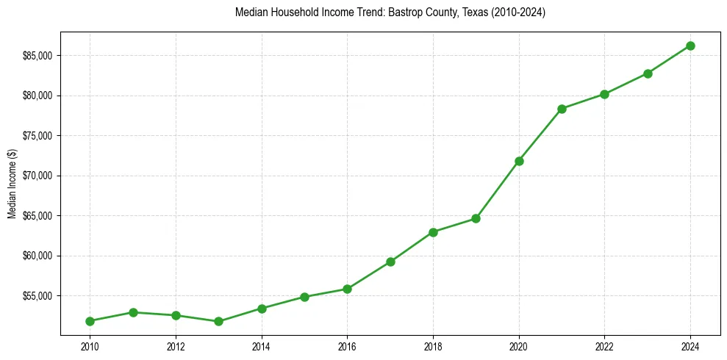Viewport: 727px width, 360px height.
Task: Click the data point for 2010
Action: pyautogui.click(x=90, y=321)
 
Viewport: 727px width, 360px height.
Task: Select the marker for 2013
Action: pyautogui.click(x=218, y=321)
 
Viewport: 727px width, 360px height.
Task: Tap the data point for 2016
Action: pyautogui.click(x=347, y=289)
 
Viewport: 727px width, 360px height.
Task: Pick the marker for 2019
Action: pyautogui.click(x=476, y=218)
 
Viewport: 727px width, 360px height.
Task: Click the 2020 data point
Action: pyautogui.click(x=519, y=161)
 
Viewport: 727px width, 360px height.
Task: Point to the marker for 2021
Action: pyautogui.click(x=562, y=109)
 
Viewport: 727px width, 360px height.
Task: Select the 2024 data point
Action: pyautogui.click(x=690, y=46)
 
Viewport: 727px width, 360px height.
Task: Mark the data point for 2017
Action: pyautogui.click(x=390, y=262)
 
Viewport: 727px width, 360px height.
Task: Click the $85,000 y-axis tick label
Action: pyautogui.click(x=38, y=56)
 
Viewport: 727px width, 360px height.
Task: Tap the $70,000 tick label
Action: pyautogui.click(x=38, y=176)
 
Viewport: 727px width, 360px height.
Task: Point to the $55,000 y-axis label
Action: pyautogui.click(x=38, y=296)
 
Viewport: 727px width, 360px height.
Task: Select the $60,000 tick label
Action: pyautogui.click(x=38, y=256)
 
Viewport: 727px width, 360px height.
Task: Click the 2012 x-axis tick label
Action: pyautogui.click(x=176, y=346)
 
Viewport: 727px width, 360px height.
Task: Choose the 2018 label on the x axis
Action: pyautogui.click(x=433, y=346)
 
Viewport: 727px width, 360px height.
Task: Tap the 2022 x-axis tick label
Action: pyautogui.click(x=604, y=346)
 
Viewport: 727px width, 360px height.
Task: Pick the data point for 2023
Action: pyautogui.click(x=648, y=73)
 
